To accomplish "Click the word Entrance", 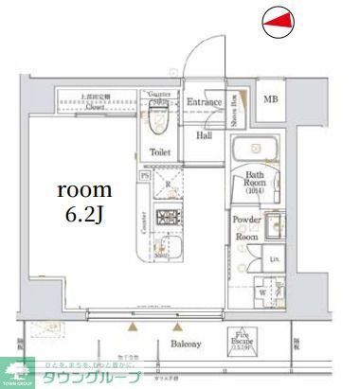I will coord(203,101).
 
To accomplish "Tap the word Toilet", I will coord(159,150).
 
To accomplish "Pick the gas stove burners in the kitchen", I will coord(168,218).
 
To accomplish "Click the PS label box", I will coord(145,174).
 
